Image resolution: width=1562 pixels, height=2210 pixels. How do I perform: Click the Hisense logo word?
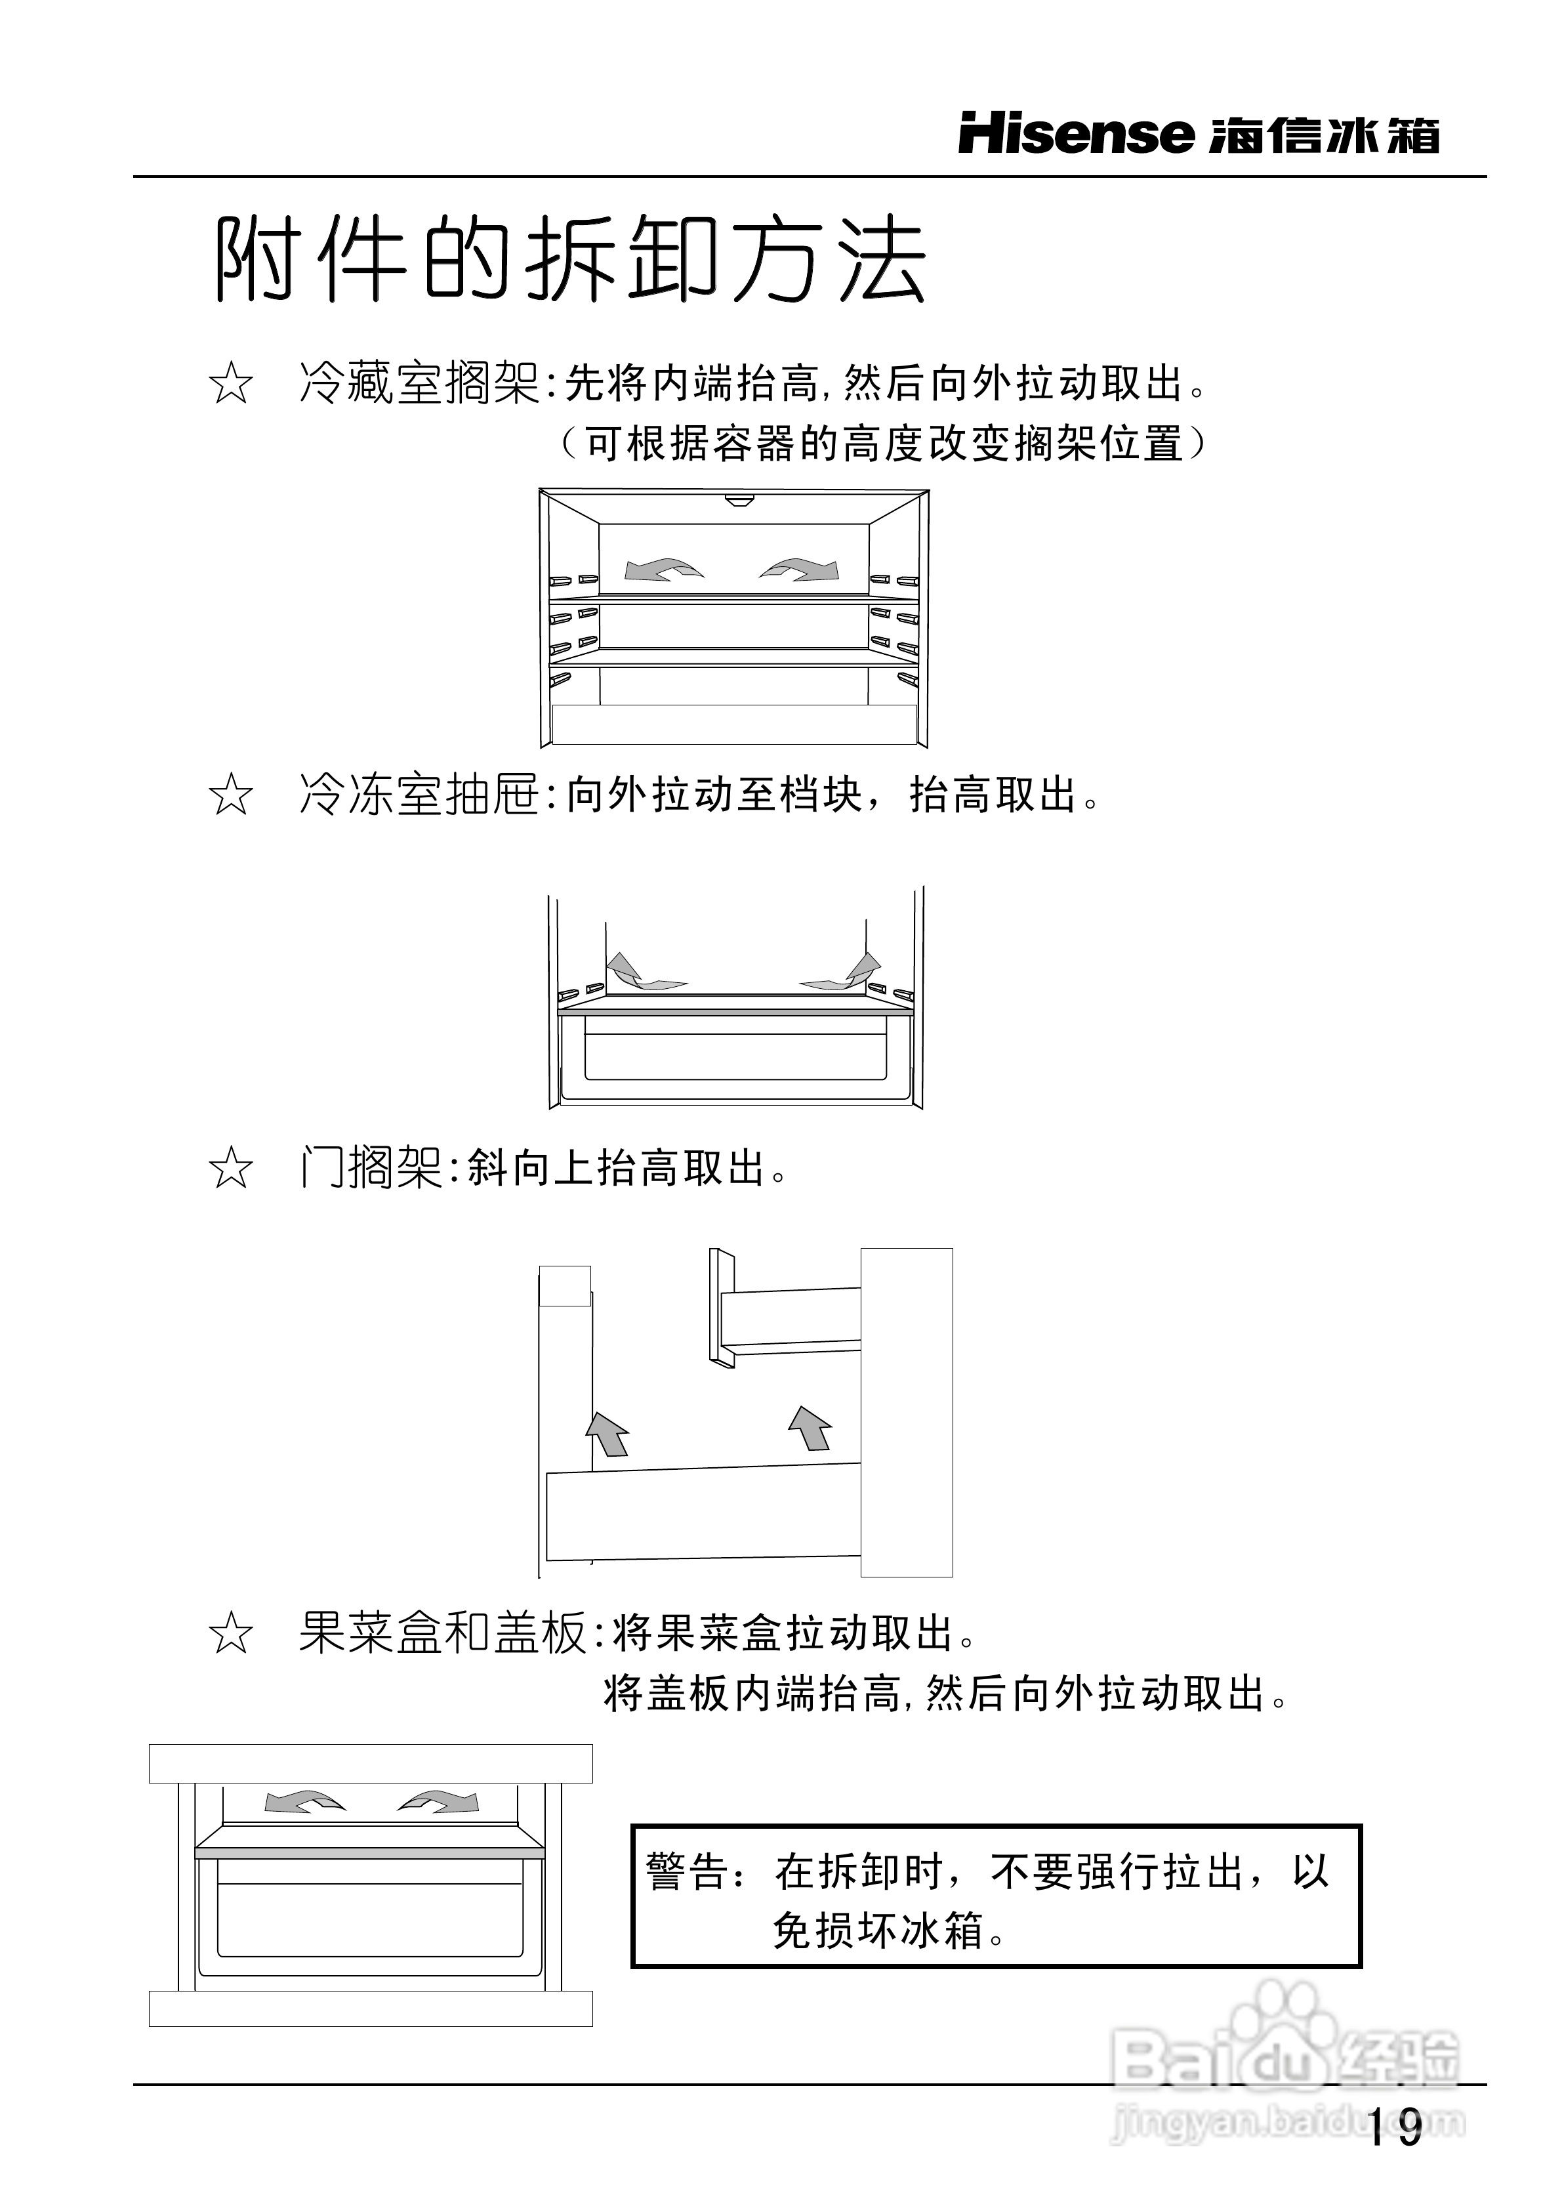pyautogui.click(x=1075, y=135)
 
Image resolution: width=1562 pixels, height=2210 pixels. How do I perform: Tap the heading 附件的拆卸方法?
pyautogui.click(x=569, y=260)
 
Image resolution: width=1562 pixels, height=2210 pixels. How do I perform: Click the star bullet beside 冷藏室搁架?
pyautogui.click(x=231, y=385)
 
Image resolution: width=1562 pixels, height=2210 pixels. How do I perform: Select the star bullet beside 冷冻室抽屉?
pyautogui.click(x=231, y=797)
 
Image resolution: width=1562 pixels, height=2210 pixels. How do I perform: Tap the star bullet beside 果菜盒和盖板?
pyautogui.click(x=231, y=1635)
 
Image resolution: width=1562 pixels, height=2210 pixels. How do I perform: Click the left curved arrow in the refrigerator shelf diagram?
pyautogui.click(x=663, y=570)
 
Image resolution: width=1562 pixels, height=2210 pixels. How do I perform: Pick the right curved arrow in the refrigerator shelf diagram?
pyautogui.click(x=800, y=570)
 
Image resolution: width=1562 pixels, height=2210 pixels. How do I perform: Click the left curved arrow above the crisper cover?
pyautogui.click(x=304, y=1801)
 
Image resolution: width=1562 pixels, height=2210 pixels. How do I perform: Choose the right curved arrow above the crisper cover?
pyautogui.click(x=439, y=1801)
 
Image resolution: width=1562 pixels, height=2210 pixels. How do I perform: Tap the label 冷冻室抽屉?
pyautogui.click(x=418, y=797)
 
